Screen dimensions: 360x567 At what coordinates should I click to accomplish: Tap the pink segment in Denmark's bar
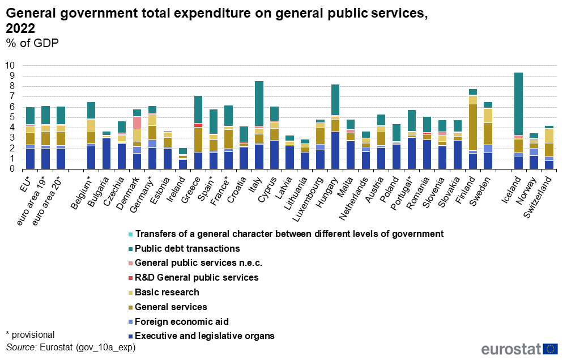tap(137, 122)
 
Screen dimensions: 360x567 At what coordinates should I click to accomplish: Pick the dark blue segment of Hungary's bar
tap(335, 151)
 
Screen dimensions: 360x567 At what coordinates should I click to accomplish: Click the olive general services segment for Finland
tap(472, 127)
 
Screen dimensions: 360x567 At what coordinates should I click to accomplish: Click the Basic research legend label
tap(167, 292)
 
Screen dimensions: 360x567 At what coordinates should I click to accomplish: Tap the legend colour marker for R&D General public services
tap(130, 278)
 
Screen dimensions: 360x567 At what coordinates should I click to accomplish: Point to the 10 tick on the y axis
tap(10, 65)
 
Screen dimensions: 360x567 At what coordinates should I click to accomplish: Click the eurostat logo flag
tap(550, 349)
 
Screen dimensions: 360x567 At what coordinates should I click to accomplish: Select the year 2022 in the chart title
tap(20, 28)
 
